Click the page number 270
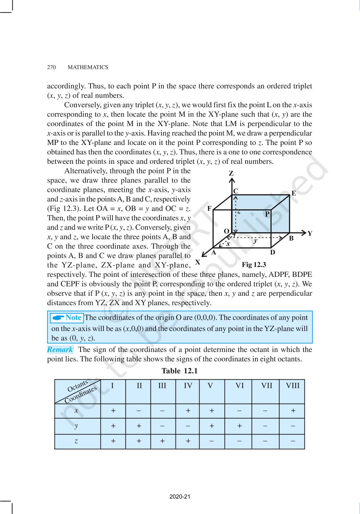click(51, 68)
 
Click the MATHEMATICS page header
click(88, 68)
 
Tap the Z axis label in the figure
click(231, 173)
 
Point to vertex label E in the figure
click(293, 193)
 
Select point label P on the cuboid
click(267, 214)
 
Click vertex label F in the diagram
click(209, 208)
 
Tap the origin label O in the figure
click(226, 231)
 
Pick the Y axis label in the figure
click(310, 234)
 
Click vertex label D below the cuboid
click(273, 253)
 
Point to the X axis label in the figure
click(197, 262)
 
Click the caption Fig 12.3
click(254, 265)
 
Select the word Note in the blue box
click(73, 318)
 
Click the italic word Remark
click(60, 350)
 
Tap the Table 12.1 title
click(179, 371)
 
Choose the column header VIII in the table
click(292, 386)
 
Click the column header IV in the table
click(188, 386)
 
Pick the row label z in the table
click(76, 441)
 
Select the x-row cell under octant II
click(139, 411)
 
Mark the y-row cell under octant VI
click(239, 426)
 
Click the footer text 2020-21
click(180, 497)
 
